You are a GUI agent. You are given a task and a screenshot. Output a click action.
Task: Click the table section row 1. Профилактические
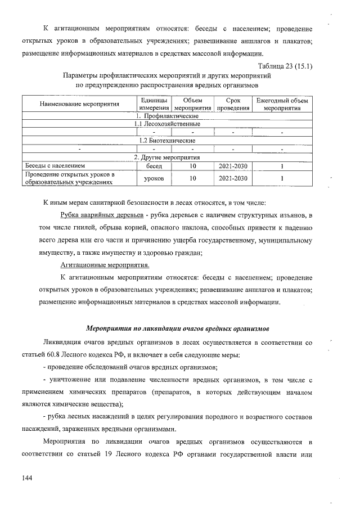click(x=166, y=115)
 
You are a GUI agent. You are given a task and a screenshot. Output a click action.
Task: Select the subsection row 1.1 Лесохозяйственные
click(x=166, y=123)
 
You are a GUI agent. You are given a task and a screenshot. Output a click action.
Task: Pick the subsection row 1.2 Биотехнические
click(x=166, y=140)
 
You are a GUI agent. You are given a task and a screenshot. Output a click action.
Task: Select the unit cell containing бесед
click(x=154, y=166)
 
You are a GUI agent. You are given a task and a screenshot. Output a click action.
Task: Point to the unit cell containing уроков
click(x=154, y=178)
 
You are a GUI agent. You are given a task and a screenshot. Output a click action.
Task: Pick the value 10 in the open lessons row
click(x=192, y=178)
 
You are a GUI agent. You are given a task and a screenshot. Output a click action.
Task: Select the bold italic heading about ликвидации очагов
click(x=177, y=328)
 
